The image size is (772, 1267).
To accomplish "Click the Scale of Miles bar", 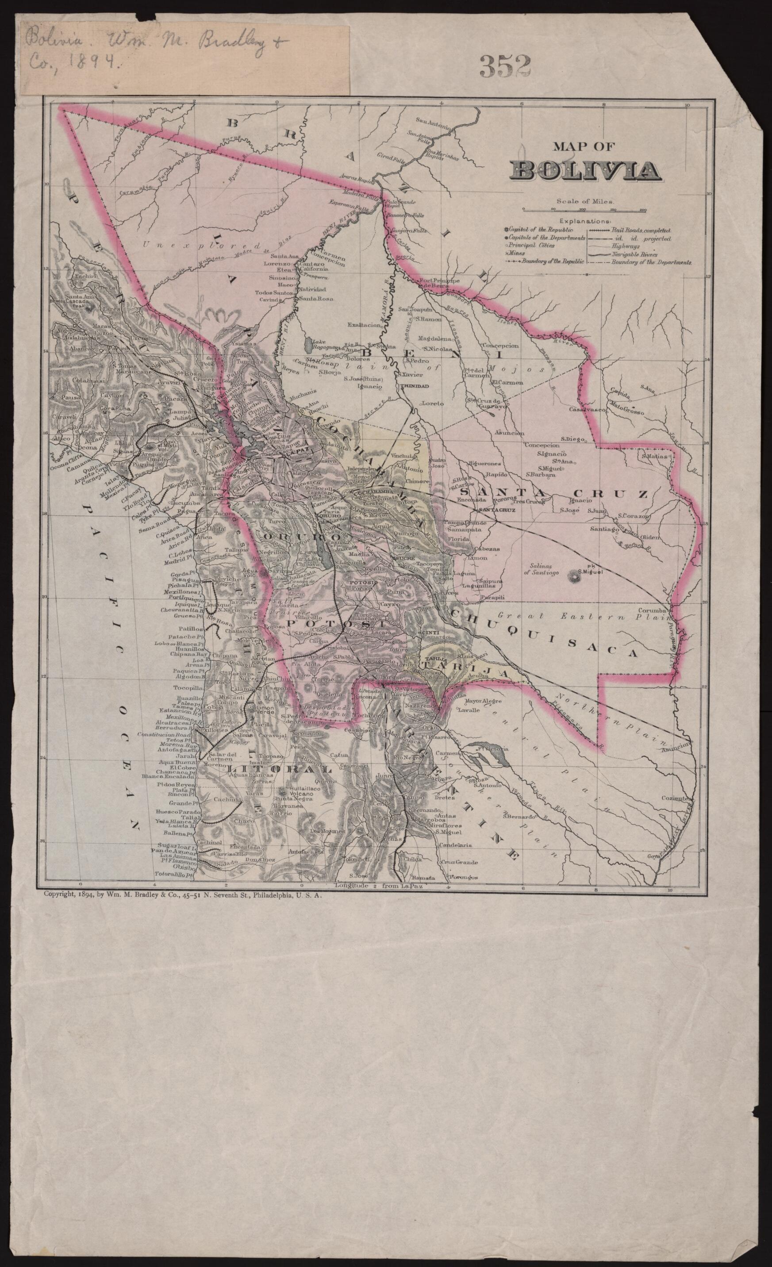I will coord(585,209).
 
